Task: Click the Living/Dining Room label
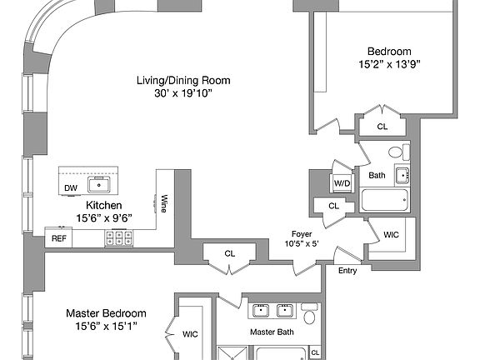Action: coord(183,81)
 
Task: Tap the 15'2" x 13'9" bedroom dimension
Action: coord(389,64)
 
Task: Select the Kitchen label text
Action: coord(104,205)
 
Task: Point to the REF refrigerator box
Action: coord(58,237)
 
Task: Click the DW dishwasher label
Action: coord(71,188)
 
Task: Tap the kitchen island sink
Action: coord(99,185)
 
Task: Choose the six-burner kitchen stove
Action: coord(119,237)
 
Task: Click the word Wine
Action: coord(164,203)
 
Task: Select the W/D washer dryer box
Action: coord(342,183)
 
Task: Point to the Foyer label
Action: coord(302,234)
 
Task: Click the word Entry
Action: coord(347,271)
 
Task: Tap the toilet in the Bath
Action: coord(399,152)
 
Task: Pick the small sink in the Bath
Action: coord(402,175)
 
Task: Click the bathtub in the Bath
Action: coord(384,200)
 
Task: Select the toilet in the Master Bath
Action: coord(309,313)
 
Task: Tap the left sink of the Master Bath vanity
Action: coord(261,311)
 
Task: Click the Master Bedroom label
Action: coord(106,313)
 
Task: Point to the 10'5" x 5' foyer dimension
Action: coord(302,243)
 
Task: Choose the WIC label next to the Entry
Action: coord(391,235)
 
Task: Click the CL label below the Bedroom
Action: coord(382,127)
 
